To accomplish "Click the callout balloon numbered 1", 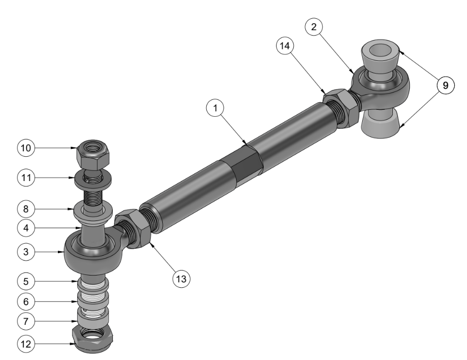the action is [x=215, y=108].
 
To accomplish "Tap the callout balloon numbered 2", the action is [x=314, y=27].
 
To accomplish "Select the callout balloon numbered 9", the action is [x=446, y=86].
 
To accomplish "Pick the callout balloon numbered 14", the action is [x=285, y=46].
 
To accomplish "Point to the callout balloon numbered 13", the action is [x=182, y=279].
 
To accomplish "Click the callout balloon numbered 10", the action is [x=26, y=148].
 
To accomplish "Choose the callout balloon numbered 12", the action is [x=26, y=344].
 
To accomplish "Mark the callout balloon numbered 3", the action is [x=26, y=252].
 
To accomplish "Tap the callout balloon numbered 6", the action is [x=26, y=302].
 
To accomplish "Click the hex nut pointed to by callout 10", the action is [x=93, y=155].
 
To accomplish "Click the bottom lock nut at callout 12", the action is [x=93, y=339].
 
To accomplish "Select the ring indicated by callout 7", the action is [x=93, y=317].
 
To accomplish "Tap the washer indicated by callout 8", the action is [x=93, y=212].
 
